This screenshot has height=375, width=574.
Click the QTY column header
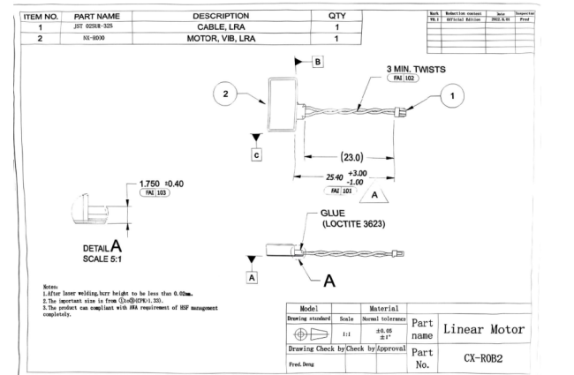point(336,15)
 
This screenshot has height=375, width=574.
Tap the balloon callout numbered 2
point(227,94)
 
